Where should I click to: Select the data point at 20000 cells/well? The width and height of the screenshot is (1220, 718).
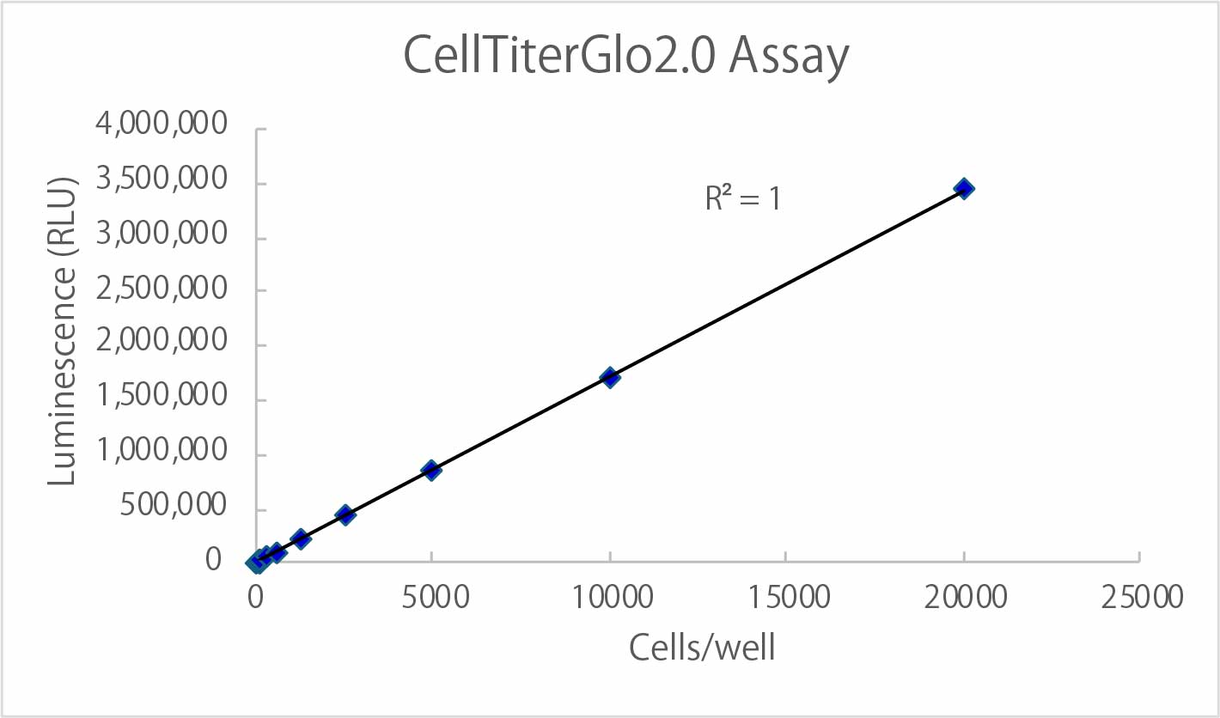click(x=964, y=189)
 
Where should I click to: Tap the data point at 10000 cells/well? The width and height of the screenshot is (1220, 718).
click(x=610, y=377)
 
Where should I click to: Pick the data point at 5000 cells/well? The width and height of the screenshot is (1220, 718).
click(x=431, y=470)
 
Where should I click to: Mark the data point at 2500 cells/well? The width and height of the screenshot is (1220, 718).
click(x=345, y=514)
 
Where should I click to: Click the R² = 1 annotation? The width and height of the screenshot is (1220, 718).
click(x=742, y=199)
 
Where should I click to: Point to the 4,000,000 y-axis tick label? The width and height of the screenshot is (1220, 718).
click(x=162, y=126)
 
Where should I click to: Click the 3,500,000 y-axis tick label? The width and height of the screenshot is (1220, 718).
click(x=162, y=181)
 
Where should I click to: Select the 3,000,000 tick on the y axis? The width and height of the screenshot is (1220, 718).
click(x=162, y=236)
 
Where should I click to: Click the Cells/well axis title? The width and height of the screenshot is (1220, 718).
click(x=702, y=648)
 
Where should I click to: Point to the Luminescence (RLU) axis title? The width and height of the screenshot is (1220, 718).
click(x=63, y=332)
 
